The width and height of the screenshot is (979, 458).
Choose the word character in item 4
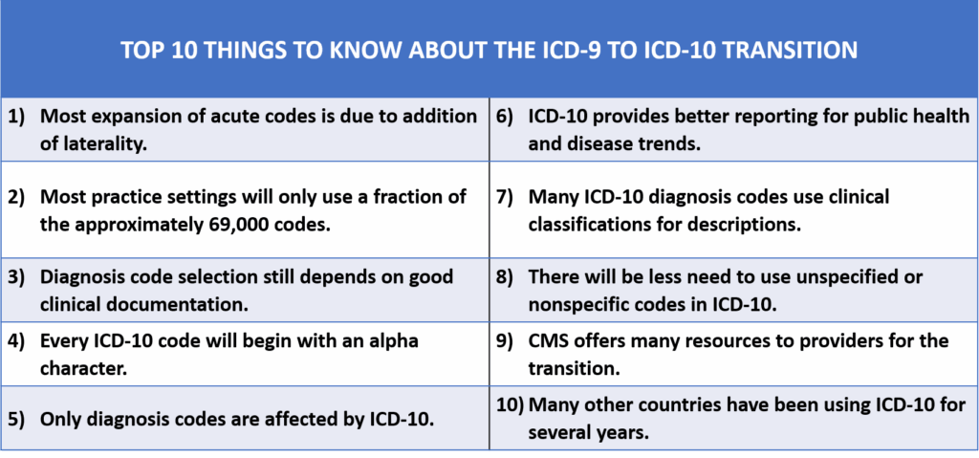(x=84, y=368)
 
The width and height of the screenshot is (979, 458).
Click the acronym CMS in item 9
(x=549, y=341)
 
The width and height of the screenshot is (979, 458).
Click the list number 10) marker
(x=511, y=404)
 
